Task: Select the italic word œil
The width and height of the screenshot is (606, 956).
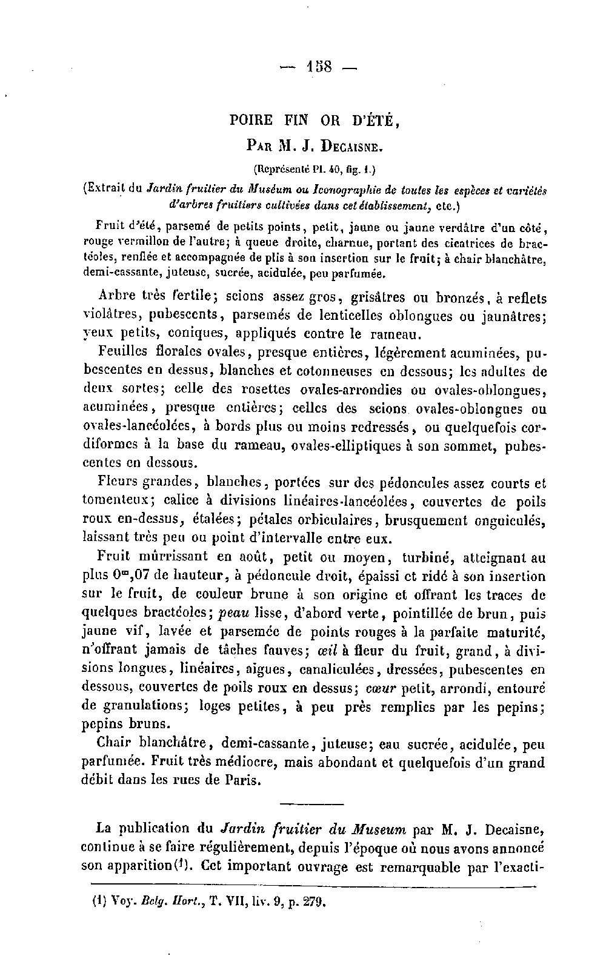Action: click(x=324, y=651)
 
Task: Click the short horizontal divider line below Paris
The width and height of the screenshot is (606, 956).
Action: click(x=312, y=804)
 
